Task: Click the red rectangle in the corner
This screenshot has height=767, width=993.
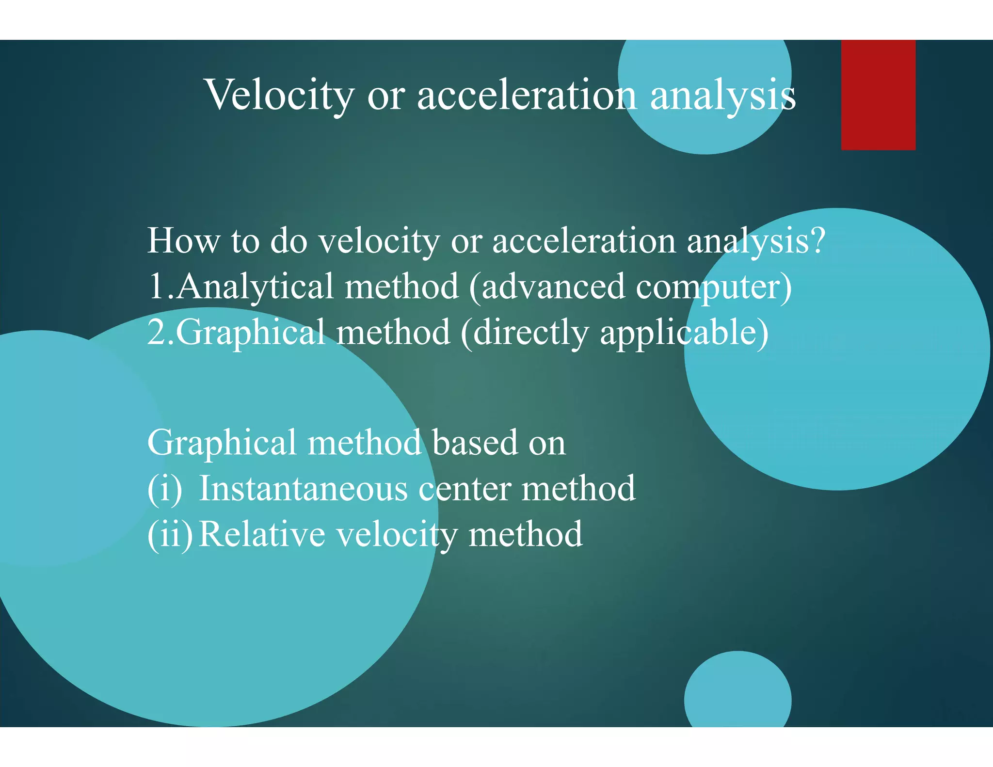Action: click(878, 95)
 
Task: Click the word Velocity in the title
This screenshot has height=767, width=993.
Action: click(280, 95)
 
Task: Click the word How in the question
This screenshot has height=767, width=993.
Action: click(183, 240)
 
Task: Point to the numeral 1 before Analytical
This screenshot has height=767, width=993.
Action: click(156, 286)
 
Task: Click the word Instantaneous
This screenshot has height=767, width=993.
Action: click(304, 489)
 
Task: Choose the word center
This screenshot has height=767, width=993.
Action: click(464, 489)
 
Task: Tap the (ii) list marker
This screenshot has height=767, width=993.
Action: click(170, 534)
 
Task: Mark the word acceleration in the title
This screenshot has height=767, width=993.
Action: click(527, 95)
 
